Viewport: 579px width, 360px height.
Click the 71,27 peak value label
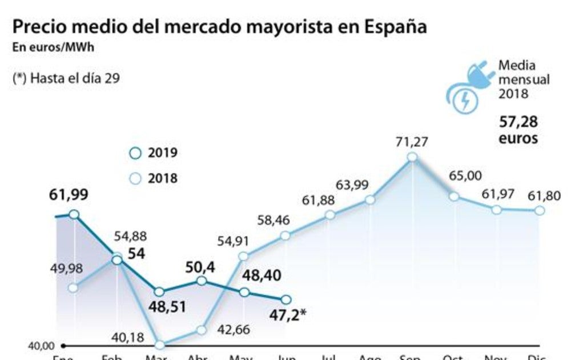pyautogui.click(x=412, y=142)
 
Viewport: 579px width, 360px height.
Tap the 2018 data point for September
pyautogui.click(x=412, y=157)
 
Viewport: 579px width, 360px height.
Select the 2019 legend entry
pyautogui.click(x=154, y=153)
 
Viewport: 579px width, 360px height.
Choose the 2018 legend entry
pyautogui.click(x=154, y=178)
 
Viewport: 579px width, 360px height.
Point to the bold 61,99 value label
pyautogui.click(x=68, y=195)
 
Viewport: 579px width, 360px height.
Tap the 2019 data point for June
pyautogui.click(x=286, y=299)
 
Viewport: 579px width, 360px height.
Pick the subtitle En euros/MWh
pyautogui.click(x=53, y=47)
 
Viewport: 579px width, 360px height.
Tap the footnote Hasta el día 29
pyautogui.click(x=66, y=79)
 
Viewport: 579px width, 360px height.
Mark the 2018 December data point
pyautogui.click(x=539, y=211)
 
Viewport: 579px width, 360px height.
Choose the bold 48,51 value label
pyautogui.click(x=159, y=307)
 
